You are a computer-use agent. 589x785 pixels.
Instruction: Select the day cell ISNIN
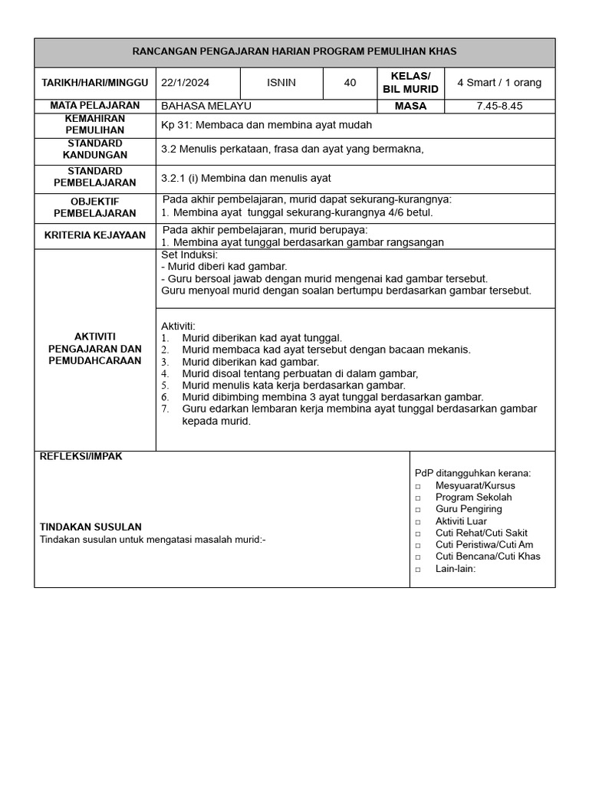(281, 83)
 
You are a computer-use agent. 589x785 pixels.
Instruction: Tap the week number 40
(350, 83)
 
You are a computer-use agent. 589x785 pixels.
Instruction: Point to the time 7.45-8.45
(499, 106)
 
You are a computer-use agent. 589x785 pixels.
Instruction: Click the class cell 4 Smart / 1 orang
(499, 83)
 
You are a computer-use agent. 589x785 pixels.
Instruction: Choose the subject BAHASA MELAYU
(206, 106)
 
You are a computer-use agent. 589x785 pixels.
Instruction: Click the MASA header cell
(410, 106)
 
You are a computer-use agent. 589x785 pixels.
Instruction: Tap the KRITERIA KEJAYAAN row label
(95, 235)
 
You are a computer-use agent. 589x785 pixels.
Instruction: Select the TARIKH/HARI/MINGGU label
(95, 83)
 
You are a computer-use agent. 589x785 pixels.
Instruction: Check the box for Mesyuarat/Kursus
(419, 486)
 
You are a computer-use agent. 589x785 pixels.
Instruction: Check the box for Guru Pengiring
(419, 510)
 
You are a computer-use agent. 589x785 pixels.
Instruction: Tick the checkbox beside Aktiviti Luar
(419, 522)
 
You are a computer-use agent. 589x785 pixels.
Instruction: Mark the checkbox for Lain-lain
(419, 570)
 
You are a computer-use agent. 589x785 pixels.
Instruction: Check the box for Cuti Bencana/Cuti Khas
(419, 557)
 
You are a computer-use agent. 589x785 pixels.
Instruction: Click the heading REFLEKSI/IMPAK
(81, 456)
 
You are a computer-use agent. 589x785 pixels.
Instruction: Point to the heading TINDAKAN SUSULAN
(90, 527)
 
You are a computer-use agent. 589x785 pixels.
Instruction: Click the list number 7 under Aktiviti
(165, 409)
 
